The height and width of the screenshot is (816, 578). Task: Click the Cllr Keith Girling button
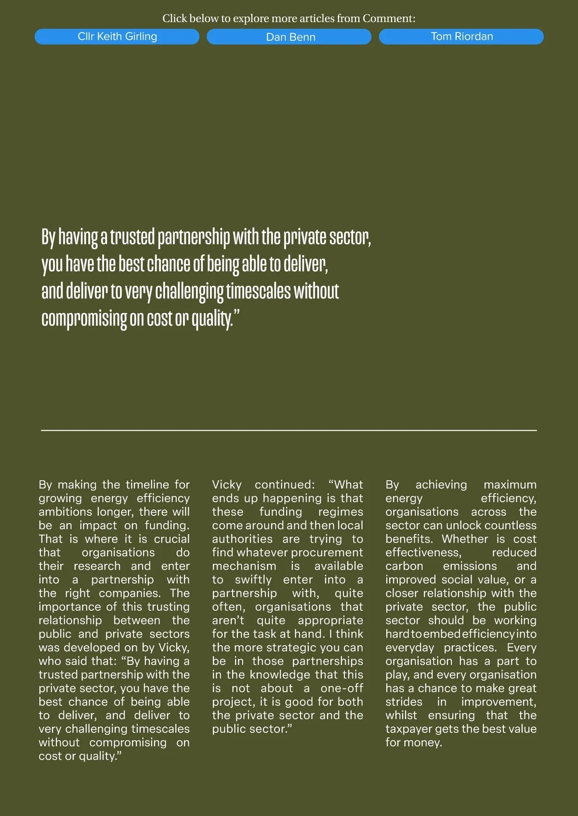117,37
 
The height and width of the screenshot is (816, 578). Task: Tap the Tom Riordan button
461,37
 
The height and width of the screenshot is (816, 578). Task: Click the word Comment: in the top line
389,19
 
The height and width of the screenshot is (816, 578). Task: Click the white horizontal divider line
289,430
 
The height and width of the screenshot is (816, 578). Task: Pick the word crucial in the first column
171,539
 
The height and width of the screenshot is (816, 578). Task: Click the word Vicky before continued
227,484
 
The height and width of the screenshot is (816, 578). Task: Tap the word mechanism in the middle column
244,566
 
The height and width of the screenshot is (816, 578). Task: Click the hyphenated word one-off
342,688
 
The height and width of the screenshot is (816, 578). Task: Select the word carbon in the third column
404,566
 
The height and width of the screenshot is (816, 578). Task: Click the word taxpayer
408,729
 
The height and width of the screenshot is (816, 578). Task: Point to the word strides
404,702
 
